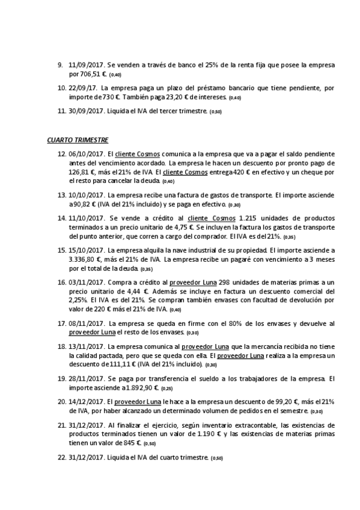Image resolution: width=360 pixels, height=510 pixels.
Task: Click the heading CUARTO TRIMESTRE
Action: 78,140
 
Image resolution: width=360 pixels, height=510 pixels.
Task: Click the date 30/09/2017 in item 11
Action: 87,111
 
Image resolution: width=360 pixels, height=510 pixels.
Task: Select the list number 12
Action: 61,154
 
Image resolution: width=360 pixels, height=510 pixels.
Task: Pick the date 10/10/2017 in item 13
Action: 87,195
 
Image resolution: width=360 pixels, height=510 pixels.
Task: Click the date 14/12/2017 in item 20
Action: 87,402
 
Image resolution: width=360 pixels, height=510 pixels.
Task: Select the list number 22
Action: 61,458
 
